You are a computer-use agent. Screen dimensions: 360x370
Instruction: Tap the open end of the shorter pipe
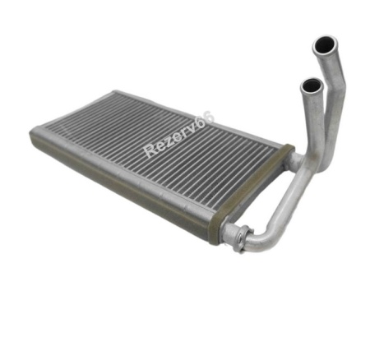[312, 85]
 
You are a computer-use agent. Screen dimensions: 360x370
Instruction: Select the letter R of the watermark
[150, 151]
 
